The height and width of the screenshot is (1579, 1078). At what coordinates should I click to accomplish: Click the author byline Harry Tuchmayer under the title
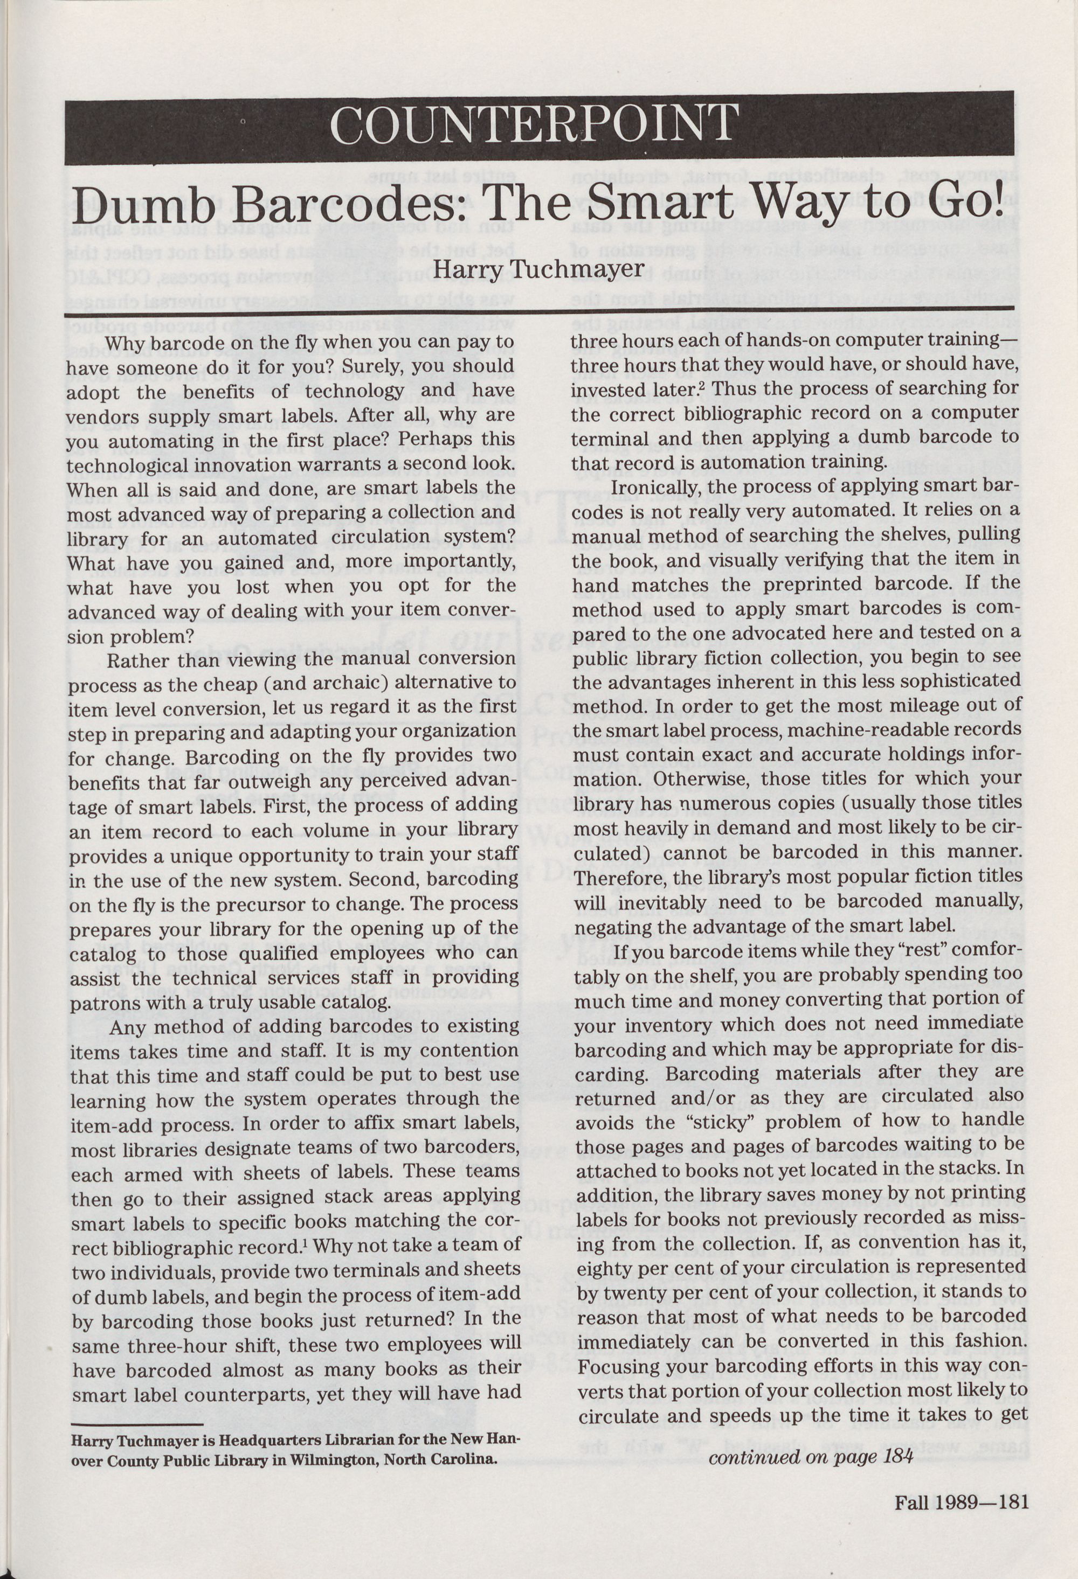click(x=538, y=269)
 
